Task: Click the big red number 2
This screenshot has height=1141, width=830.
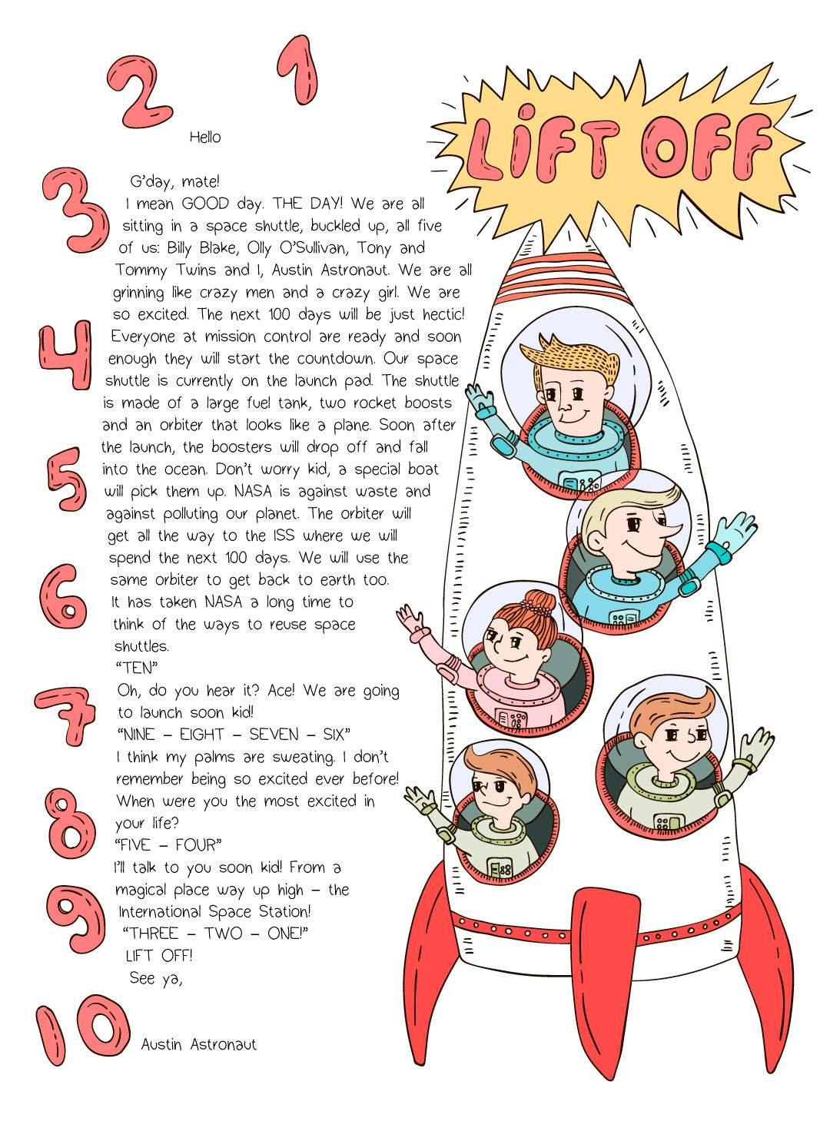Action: (138, 92)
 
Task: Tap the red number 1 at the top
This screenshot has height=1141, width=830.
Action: (300, 71)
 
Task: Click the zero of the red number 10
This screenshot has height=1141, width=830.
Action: (104, 1027)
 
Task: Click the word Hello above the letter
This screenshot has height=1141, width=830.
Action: (205, 138)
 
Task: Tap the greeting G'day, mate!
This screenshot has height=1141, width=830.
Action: (174, 182)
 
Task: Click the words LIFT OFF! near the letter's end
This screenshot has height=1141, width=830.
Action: (159, 956)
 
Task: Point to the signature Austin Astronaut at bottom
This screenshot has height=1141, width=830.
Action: (198, 1045)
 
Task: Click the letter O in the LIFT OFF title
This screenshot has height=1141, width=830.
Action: (666, 146)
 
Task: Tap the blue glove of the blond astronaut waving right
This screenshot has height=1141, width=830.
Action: (734, 530)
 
